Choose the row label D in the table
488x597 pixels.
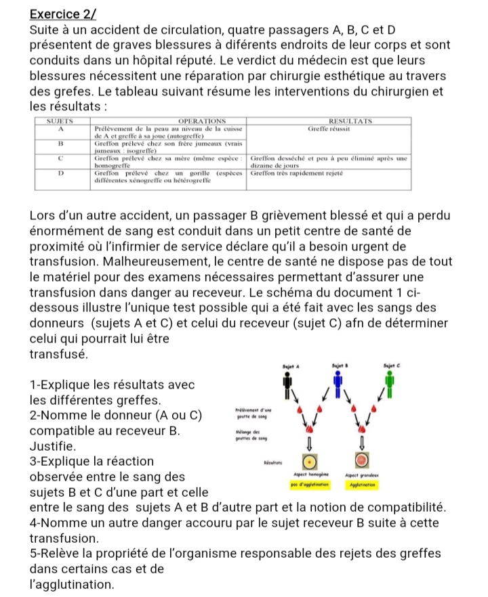tap(61, 173)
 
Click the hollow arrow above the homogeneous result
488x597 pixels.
tap(308, 442)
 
